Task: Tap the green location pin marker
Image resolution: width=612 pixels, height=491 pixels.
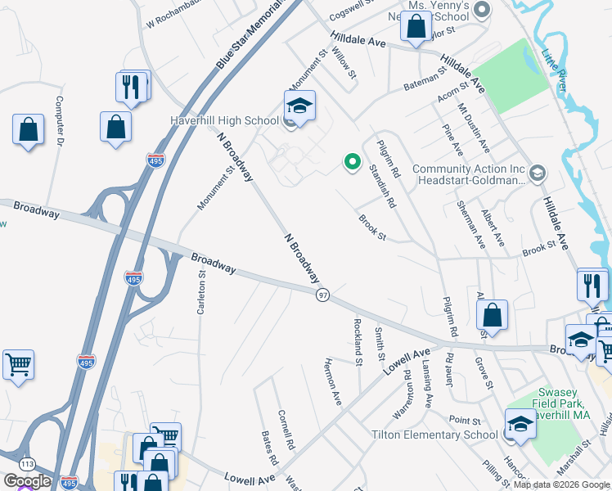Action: click(x=353, y=162)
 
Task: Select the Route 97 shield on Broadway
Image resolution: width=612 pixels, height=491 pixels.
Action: click(x=323, y=295)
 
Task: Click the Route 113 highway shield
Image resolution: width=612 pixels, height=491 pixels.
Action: click(x=7, y=464)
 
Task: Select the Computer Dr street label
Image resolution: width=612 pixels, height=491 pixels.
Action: click(x=59, y=122)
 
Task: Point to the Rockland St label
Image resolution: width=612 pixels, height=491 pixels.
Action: click(x=358, y=341)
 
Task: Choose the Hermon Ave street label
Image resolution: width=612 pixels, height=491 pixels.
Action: click(x=332, y=381)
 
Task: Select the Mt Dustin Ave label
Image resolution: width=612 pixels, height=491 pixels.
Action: click(x=474, y=128)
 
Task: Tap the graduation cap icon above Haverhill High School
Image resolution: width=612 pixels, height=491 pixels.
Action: click(x=300, y=106)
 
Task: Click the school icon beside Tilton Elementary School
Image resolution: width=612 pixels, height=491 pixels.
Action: click(x=520, y=423)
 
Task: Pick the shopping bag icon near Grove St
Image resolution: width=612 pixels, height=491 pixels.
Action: click(x=492, y=315)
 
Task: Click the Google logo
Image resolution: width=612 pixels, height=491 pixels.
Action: click(x=26, y=481)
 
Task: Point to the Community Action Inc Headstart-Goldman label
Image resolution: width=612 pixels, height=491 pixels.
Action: click(x=468, y=174)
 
